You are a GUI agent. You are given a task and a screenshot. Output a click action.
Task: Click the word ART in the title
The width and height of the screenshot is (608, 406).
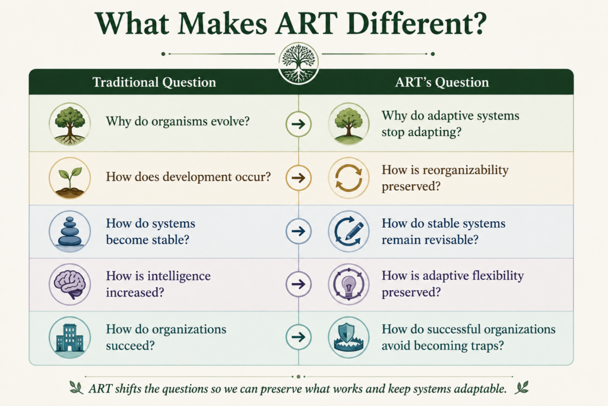(x=306, y=23)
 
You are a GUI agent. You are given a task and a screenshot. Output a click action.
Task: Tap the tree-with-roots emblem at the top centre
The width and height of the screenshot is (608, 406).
(x=299, y=63)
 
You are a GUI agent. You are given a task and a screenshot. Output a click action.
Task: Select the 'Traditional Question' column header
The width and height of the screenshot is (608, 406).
(x=154, y=82)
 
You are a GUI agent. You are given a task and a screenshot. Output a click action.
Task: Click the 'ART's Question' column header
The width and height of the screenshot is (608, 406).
(x=442, y=82)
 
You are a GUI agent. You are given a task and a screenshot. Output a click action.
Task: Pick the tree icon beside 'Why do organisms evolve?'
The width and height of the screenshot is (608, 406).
(x=70, y=124)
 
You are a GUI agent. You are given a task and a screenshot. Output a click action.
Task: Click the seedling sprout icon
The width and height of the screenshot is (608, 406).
(x=70, y=178)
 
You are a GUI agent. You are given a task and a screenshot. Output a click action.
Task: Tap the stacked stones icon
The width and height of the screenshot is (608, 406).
(x=70, y=231)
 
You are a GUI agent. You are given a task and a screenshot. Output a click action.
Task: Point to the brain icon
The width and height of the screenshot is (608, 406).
(x=70, y=284)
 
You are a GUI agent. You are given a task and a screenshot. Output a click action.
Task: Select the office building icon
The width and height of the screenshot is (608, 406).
(x=70, y=337)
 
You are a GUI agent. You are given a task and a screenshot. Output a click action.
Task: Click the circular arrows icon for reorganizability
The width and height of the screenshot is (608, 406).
(x=349, y=178)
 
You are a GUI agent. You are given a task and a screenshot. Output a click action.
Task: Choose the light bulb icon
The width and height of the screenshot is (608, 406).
(x=349, y=284)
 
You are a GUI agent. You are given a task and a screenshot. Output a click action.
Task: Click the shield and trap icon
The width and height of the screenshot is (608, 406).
(x=349, y=337)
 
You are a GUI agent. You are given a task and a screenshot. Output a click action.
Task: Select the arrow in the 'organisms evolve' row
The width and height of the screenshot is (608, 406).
(x=299, y=124)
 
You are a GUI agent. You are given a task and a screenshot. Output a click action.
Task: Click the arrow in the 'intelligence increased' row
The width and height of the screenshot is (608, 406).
(x=299, y=284)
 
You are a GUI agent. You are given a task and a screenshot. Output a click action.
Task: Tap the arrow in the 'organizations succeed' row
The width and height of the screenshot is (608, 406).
(x=299, y=337)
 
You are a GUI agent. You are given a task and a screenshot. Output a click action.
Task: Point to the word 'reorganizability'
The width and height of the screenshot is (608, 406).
(x=465, y=171)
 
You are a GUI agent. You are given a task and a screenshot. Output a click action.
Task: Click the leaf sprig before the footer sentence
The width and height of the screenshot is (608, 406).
(x=77, y=388)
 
